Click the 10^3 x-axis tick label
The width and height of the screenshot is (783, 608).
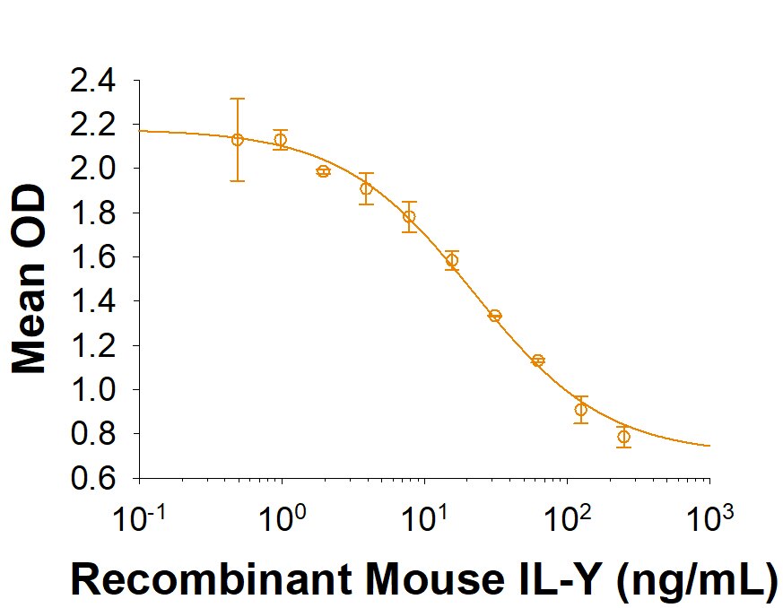tap(709, 517)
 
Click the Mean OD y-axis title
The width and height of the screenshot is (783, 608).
tap(30, 280)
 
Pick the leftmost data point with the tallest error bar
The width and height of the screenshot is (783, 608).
tap(238, 140)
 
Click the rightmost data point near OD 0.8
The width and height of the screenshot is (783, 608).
tap(623, 438)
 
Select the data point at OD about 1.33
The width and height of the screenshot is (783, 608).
tap(494, 316)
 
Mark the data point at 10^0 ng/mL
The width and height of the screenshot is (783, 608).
tap(281, 140)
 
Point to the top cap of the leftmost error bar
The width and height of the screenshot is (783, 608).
tap(238, 99)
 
